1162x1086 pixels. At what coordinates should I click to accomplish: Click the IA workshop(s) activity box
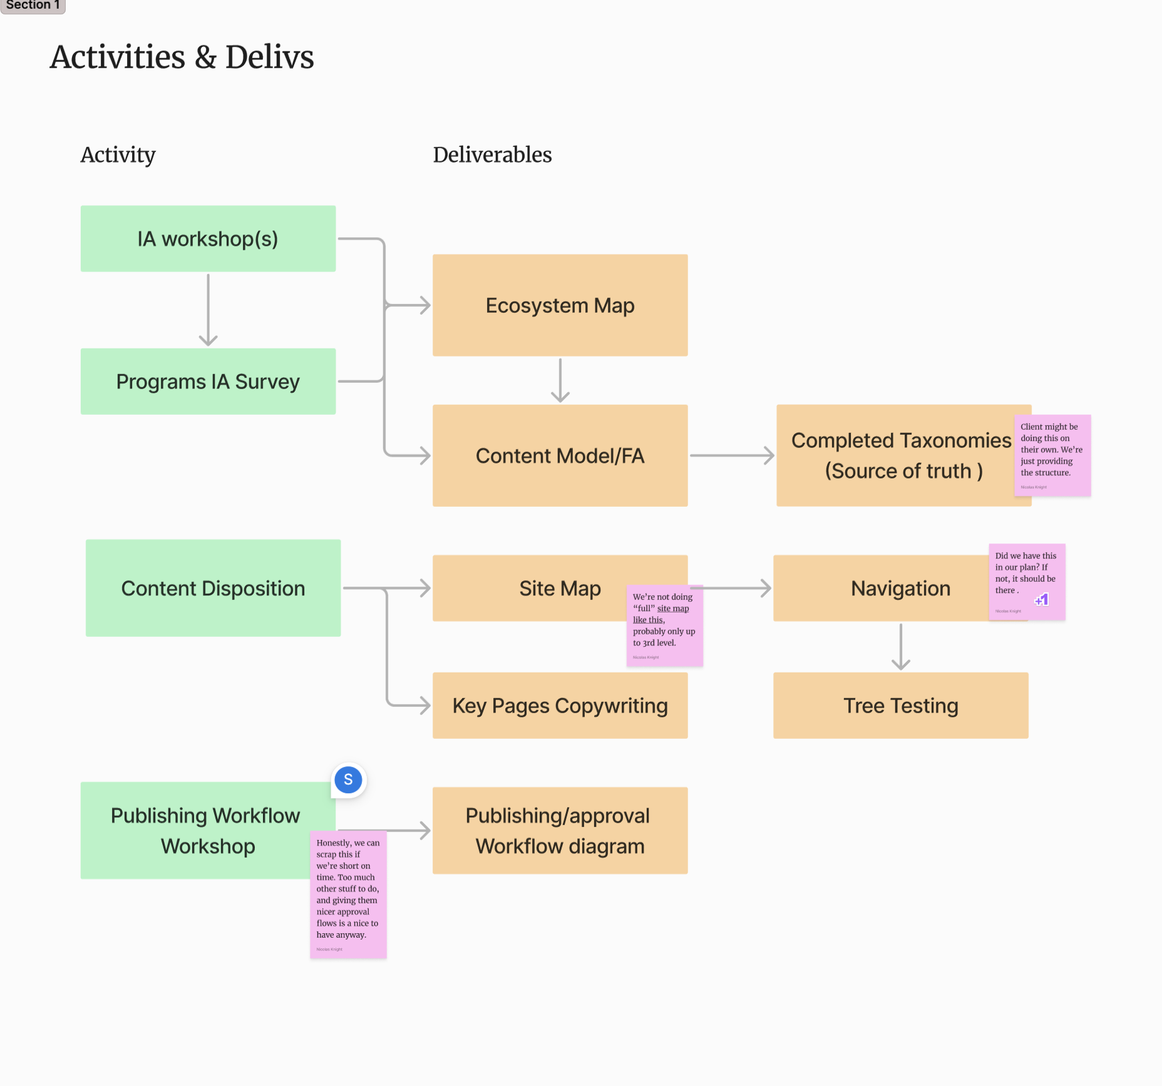click(208, 238)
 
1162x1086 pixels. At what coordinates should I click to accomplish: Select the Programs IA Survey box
click(208, 381)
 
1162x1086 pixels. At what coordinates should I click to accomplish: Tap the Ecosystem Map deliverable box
click(560, 305)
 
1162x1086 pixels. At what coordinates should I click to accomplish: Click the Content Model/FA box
click(560, 455)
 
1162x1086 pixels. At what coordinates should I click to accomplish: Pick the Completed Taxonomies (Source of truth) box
click(895, 455)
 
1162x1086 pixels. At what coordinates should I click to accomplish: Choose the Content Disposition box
click(213, 588)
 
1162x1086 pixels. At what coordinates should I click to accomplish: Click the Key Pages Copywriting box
click(560, 706)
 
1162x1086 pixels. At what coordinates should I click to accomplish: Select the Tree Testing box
click(900, 706)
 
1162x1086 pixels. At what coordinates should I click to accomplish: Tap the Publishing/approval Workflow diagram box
click(560, 831)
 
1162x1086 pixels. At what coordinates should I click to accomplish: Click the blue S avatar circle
click(348, 780)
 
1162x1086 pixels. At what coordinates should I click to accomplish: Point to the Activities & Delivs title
click(182, 57)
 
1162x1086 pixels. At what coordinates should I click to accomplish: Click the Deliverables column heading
click(492, 155)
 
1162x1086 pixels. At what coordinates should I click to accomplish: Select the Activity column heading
click(118, 155)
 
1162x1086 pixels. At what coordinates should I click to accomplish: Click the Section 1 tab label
click(33, 5)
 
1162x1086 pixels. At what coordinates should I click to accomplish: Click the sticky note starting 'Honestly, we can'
click(348, 895)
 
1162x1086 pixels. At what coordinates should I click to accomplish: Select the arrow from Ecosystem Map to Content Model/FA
click(560, 380)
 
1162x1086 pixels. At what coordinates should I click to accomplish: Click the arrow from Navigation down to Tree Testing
click(900, 647)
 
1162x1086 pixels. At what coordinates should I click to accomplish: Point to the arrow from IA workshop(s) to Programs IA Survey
click(208, 310)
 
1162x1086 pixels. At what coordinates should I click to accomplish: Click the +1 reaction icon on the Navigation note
click(1042, 600)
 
